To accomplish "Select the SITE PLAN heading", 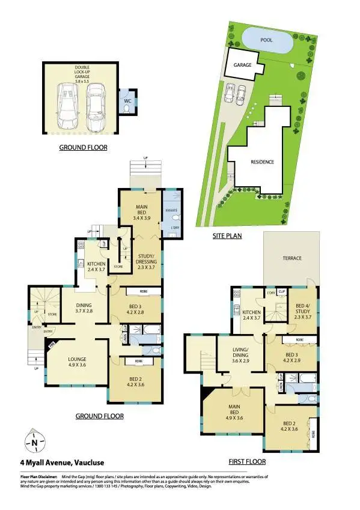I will [x=227, y=236].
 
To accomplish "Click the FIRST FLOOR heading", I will [x=247, y=461].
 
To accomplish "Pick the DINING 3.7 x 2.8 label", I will [x=83, y=308].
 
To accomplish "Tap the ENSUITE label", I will [x=170, y=210].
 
